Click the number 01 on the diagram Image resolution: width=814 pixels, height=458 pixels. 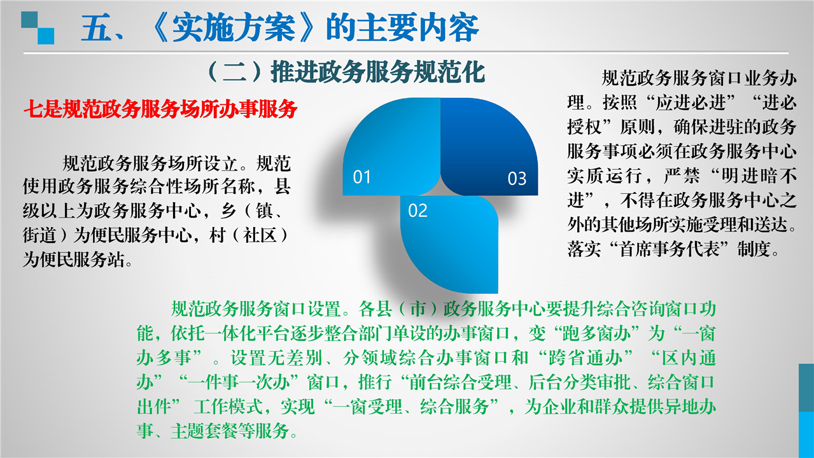pos(362,177)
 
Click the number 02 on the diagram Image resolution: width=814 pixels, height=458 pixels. pos(418,211)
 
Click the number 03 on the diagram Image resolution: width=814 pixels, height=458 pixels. pos(517,179)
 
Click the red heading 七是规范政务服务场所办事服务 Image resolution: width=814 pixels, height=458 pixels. pos(160,109)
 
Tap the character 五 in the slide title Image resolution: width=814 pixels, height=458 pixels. pos(96,29)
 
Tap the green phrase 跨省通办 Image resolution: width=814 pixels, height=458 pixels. pos(585,357)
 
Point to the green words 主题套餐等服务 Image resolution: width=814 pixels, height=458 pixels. pos(230,431)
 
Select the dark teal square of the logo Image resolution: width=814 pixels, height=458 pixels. pos(29,20)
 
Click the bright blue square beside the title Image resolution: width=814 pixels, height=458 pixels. pos(46,36)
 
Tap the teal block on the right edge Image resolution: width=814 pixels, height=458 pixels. pos(806,387)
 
